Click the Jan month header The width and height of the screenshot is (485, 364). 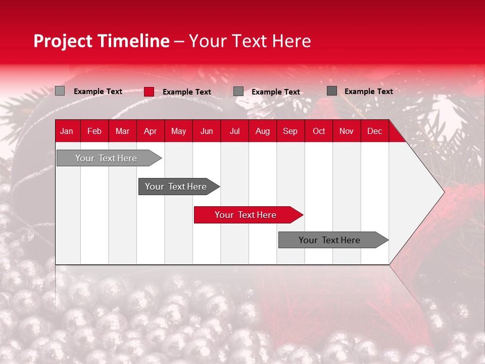coord(67,131)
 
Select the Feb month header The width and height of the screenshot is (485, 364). coord(94,131)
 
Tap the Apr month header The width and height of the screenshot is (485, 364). coord(150,131)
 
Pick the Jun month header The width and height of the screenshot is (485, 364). coord(207,131)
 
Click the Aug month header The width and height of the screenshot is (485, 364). coord(262,131)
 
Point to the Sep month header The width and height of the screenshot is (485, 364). coord(290,131)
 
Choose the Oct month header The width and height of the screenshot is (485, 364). coord(319,131)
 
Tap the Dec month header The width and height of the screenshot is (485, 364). coord(374,131)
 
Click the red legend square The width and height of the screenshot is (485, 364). coord(149,92)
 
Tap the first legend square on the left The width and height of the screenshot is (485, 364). coord(60,91)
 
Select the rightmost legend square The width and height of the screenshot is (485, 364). coord(331,91)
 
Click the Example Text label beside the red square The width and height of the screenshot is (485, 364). coord(187,92)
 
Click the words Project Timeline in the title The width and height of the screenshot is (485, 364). coord(101,41)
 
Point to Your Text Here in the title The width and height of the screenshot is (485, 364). coord(250,41)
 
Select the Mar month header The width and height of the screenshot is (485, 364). coord(122,131)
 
